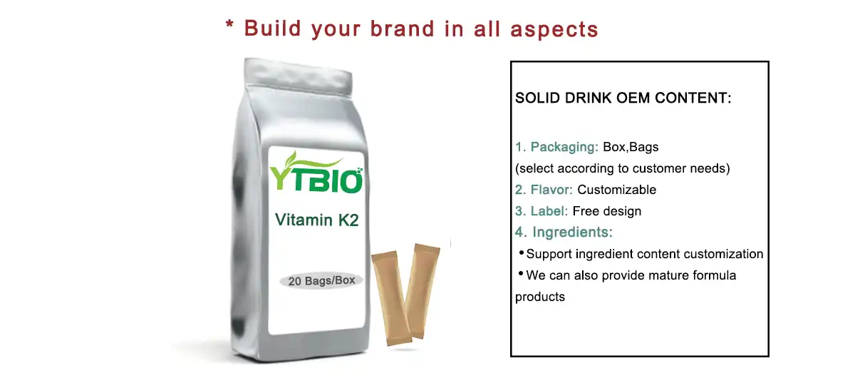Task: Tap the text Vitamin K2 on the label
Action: pyautogui.click(x=316, y=220)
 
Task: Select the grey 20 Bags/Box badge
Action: pyautogui.click(x=321, y=280)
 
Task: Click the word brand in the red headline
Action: pyautogui.click(x=403, y=29)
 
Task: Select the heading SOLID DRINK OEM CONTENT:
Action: pyautogui.click(x=623, y=98)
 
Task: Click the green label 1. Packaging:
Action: pyautogui.click(x=556, y=148)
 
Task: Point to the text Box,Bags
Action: pyautogui.click(x=631, y=148)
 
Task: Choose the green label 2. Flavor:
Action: pyautogui.click(x=544, y=190)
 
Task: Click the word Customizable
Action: pyautogui.click(x=616, y=190)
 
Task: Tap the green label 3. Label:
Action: pyautogui.click(x=541, y=211)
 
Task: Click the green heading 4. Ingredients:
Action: pyautogui.click(x=564, y=233)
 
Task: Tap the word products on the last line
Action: pyautogui.click(x=540, y=297)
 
